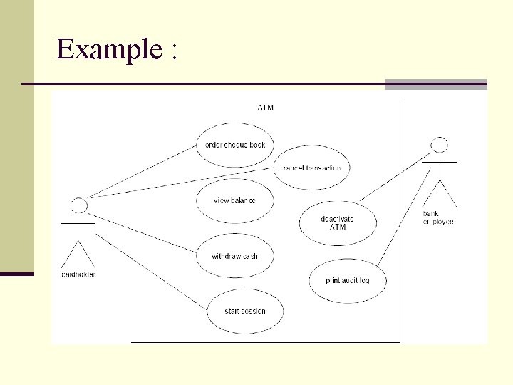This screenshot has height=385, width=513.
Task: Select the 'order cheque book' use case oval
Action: (x=234, y=145)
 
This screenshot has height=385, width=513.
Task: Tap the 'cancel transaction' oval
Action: (x=312, y=168)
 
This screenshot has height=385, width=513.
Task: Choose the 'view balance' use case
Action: (x=234, y=200)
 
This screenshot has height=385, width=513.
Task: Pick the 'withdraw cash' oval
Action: (x=234, y=256)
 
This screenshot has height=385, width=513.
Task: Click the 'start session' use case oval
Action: (x=244, y=311)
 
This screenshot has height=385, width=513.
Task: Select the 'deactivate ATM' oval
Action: (x=337, y=223)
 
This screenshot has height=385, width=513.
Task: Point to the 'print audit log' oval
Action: (x=348, y=280)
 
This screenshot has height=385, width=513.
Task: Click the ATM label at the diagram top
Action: (x=266, y=108)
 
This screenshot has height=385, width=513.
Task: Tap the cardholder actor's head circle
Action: (x=79, y=205)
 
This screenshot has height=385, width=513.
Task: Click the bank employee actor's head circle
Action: (x=441, y=145)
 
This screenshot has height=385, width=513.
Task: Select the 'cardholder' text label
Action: (x=78, y=274)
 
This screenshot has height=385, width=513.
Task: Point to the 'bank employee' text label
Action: (x=438, y=217)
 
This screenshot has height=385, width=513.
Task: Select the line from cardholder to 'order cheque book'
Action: (x=142, y=172)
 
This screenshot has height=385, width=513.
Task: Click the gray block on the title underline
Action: (x=435, y=84)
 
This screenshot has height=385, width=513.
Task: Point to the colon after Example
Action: (x=173, y=51)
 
